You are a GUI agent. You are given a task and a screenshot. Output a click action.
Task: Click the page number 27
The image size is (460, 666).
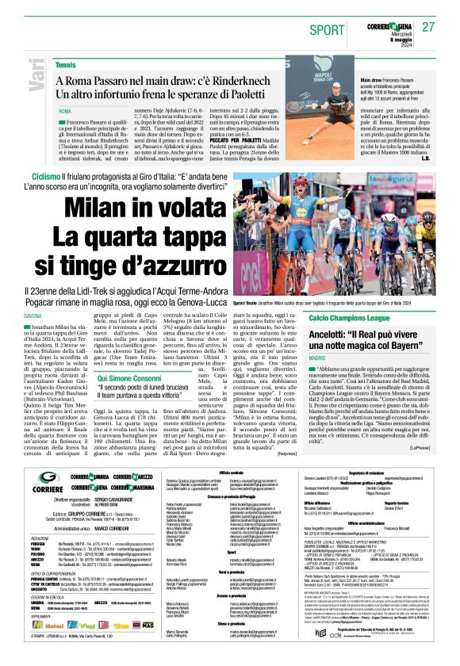[x=429, y=27]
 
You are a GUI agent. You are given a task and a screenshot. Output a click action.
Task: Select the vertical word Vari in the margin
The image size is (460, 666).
[x=17, y=86]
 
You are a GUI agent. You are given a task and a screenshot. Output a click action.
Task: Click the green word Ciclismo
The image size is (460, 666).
[x=46, y=176]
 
